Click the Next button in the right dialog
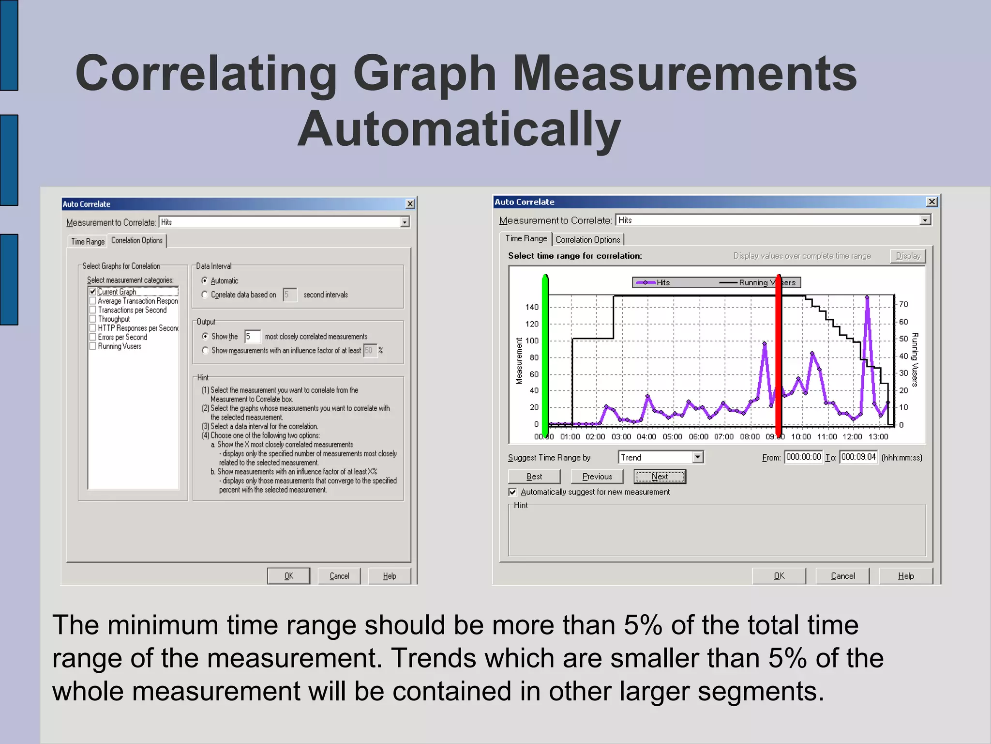click(660, 477)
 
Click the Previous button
click(597, 477)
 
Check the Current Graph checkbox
click(93, 292)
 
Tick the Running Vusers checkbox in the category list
click(93, 346)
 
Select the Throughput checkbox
click(93, 319)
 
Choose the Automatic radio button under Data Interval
click(205, 280)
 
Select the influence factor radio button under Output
click(205, 350)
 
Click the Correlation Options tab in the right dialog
click(587, 240)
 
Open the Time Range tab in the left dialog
click(88, 241)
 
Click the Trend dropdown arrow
click(697, 457)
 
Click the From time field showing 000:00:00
click(803, 457)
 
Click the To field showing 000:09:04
click(858, 457)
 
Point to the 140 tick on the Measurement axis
click(531, 307)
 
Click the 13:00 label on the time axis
click(878, 437)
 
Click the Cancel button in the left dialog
click(339, 576)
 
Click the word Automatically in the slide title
click(459, 129)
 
